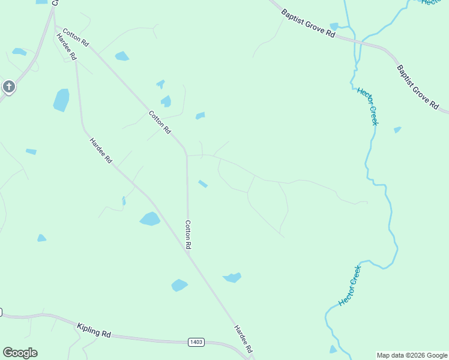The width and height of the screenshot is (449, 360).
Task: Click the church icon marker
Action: (8, 86)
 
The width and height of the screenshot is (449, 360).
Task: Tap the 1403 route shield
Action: (196, 342)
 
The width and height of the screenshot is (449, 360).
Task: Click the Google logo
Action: (20, 353)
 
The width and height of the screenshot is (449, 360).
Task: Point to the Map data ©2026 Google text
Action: (412, 355)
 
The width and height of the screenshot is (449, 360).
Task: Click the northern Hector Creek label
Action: (367, 106)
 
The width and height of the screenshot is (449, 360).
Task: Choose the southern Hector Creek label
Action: (350, 286)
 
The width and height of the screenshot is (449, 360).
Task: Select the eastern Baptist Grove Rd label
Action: (417, 87)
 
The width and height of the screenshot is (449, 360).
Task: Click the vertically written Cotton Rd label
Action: (188, 235)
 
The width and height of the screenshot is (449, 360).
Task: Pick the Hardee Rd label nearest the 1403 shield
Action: (243, 339)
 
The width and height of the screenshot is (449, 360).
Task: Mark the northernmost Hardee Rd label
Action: (66, 46)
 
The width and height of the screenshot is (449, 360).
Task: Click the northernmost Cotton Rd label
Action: (76, 37)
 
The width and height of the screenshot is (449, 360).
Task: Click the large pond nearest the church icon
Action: (61, 100)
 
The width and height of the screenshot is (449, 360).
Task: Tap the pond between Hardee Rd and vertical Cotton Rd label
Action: (149, 219)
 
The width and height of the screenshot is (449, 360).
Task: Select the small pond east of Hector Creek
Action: (397, 130)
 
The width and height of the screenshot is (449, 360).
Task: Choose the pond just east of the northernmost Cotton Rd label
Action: (122, 56)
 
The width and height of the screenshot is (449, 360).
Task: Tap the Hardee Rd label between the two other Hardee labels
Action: (101, 151)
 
